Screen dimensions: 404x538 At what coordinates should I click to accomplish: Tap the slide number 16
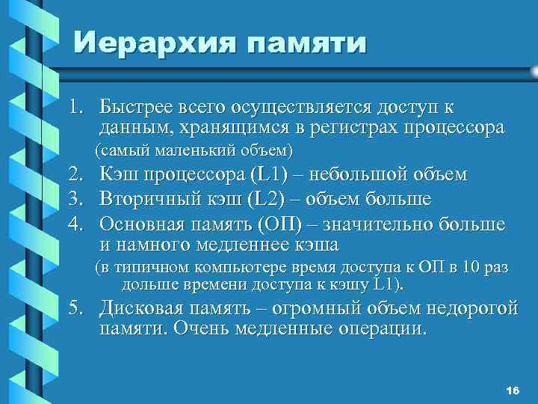pyautogui.click(x=512, y=392)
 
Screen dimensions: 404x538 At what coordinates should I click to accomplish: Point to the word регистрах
pyautogui.click(x=340, y=128)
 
